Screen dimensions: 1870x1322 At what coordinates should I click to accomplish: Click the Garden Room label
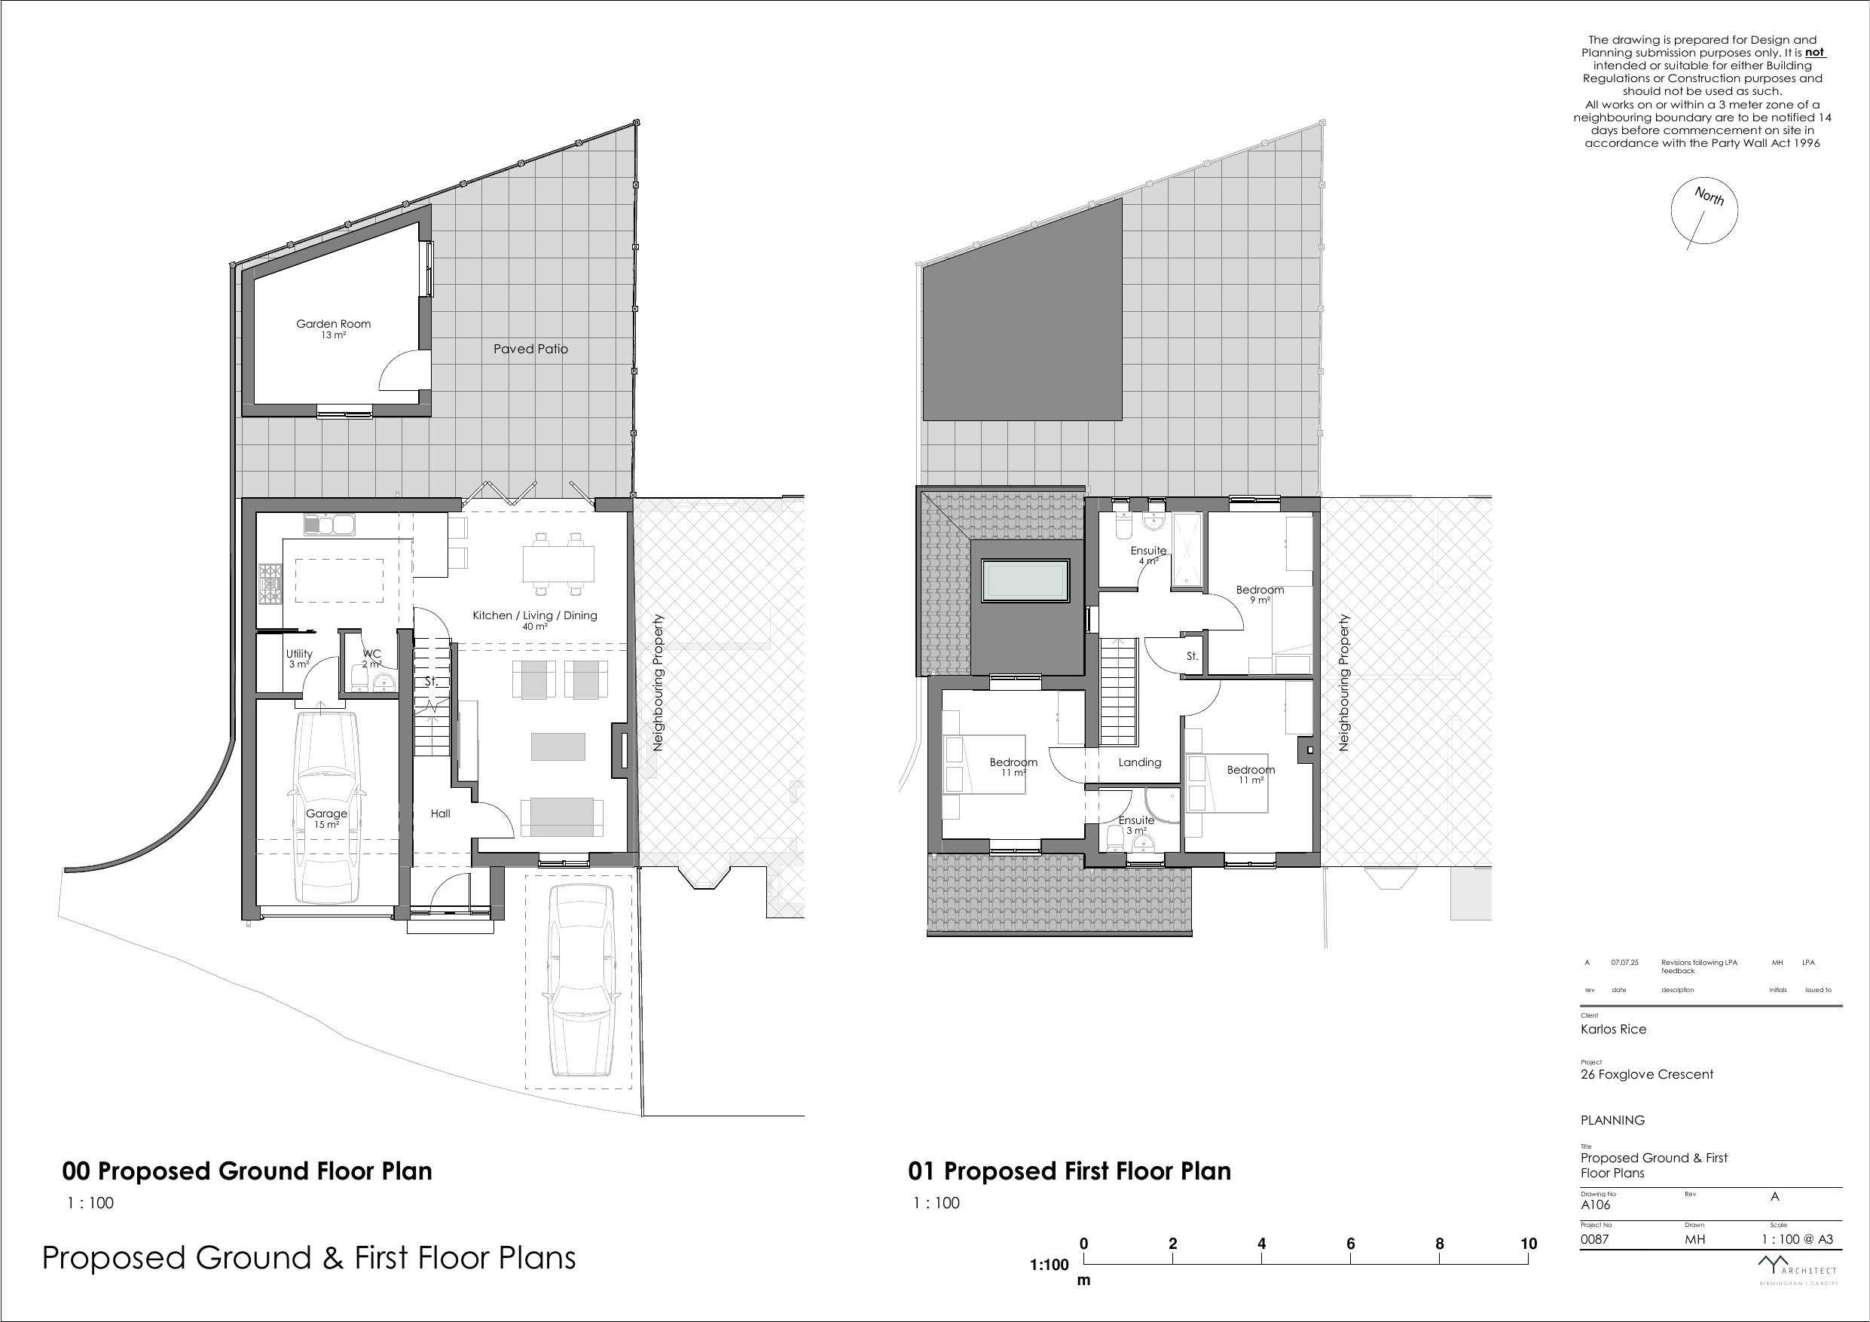tap(333, 323)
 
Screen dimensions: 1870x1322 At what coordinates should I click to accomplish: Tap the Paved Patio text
tap(530, 349)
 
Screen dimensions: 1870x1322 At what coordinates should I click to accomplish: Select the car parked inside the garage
tap(325, 805)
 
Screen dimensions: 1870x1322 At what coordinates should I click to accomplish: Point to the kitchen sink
tap(330, 524)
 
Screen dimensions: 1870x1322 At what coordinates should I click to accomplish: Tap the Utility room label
tap(299, 653)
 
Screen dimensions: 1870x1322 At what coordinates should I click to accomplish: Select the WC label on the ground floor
tap(371, 653)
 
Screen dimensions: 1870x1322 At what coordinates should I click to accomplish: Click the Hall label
tap(441, 813)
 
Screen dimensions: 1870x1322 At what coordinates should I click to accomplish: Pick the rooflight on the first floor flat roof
tap(1026, 580)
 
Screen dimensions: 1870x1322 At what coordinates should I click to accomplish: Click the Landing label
tap(1139, 762)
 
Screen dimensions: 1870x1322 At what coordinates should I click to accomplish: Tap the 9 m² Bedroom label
tap(1260, 590)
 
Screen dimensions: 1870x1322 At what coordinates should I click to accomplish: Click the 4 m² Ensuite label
tap(1148, 551)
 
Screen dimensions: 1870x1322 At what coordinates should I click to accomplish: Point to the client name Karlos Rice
tap(1613, 1029)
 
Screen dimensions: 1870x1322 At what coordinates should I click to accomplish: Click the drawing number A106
tap(1596, 1204)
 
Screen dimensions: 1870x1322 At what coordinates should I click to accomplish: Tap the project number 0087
tap(1595, 1239)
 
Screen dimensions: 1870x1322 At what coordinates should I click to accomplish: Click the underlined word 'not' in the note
tap(1814, 52)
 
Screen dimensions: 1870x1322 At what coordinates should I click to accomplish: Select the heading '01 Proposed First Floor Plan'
tap(1069, 1171)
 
